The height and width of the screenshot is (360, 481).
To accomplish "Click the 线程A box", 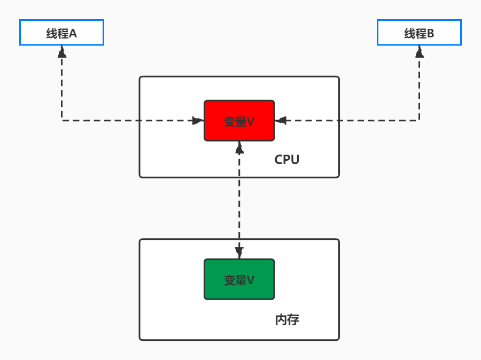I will [x=61, y=33].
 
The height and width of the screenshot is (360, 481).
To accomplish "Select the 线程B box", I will [x=419, y=33].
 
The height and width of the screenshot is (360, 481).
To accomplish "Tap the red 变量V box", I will [x=239, y=121].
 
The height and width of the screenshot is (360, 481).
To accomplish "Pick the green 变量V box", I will [x=239, y=279].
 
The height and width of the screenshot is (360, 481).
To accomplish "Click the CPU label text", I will [x=287, y=160].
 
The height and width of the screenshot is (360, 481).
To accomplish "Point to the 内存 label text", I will [x=287, y=319].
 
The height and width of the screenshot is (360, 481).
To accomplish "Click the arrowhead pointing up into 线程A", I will [x=62, y=51].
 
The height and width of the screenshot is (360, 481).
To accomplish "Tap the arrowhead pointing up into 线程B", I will [x=420, y=51].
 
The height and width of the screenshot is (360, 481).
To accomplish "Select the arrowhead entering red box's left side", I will [x=198, y=121].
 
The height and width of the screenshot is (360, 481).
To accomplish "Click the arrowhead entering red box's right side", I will [x=281, y=121].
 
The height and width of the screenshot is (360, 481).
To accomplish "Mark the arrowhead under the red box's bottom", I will [x=239, y=147].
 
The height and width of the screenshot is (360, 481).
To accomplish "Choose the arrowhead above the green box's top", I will [x=239, y=253].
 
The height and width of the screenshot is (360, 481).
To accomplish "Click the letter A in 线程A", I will [x=73, y=34].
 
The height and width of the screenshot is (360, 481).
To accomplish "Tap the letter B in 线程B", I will [x=431, y=34].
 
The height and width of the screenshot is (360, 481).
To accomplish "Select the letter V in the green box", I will [x=251, y=280].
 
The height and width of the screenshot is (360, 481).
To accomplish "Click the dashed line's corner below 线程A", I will [x=62, y=121].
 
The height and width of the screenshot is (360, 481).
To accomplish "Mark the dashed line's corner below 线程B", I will [x=420, y=121].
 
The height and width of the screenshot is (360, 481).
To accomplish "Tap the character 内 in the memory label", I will [x=281, y=319].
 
